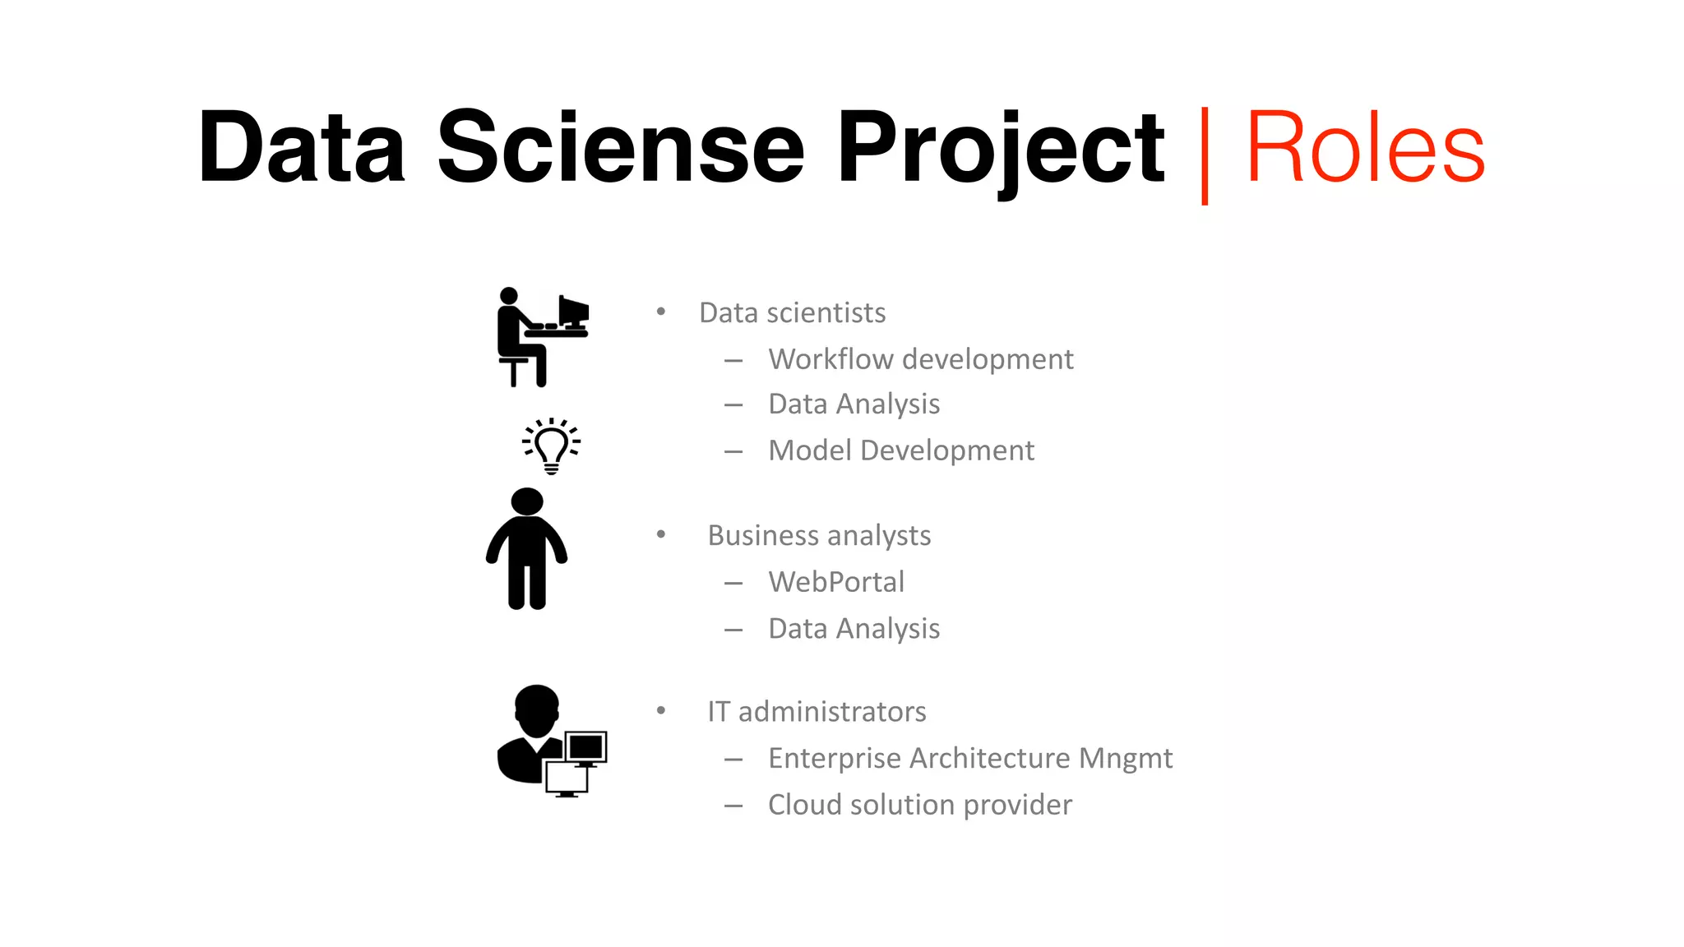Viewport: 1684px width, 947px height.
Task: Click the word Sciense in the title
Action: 620,148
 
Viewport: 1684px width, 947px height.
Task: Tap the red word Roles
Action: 1365,148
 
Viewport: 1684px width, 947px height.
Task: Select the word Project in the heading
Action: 1000,148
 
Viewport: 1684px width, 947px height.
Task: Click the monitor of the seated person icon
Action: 573,311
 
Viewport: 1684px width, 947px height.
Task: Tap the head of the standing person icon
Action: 527,501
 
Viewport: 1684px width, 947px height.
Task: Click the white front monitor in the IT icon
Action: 566,777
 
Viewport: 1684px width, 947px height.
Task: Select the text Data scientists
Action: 792,313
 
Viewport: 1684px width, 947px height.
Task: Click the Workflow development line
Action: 920,359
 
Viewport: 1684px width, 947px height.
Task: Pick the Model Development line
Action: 900,450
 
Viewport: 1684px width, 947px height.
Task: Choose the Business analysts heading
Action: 819,535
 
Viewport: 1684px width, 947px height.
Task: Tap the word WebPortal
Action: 835,582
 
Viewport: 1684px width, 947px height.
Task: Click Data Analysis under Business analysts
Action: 854,629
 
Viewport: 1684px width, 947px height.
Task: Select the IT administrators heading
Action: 817,712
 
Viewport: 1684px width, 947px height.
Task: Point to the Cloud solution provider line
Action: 919,805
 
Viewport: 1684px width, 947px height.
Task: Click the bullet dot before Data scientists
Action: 661,312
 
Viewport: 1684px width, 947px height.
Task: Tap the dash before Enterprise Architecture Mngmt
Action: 733,760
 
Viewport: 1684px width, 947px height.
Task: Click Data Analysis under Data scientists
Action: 854,404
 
